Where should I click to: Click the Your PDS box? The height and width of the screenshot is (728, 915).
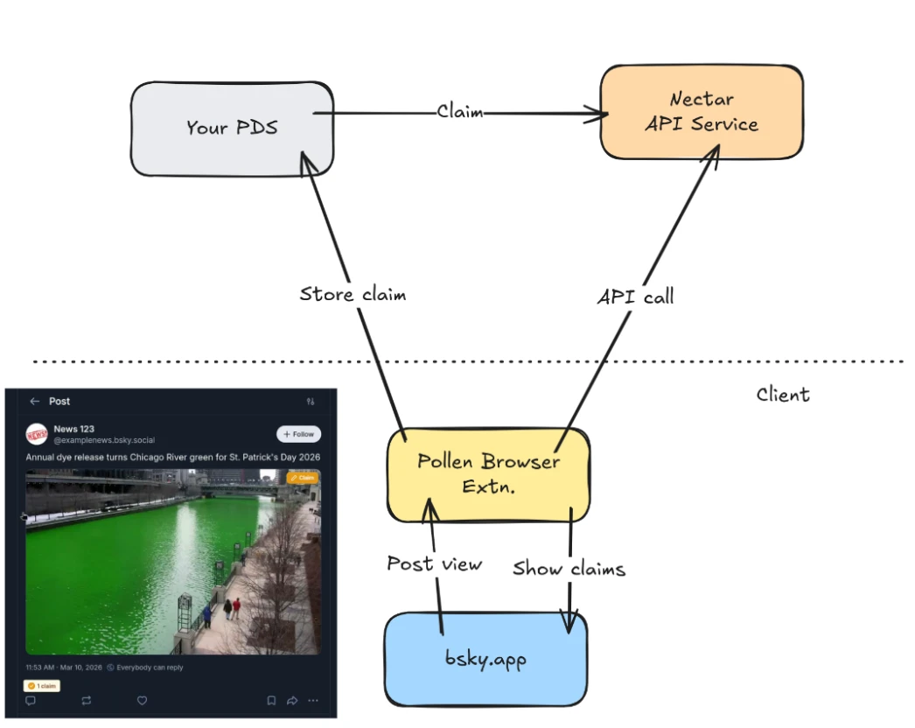point(232,128)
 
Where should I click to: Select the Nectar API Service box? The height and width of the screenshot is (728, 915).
point(702,112)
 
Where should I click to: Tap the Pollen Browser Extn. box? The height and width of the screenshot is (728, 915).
point(488,473)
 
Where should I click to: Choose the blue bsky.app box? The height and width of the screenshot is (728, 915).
point(485,659)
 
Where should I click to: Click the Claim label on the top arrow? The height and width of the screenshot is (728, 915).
point(460,112)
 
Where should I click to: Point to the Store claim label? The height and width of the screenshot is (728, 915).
point(353,294)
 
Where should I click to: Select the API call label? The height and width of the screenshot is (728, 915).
point(635,297)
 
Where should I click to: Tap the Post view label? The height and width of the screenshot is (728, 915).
point(434,563)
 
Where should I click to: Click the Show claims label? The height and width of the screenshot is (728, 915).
point(569,569)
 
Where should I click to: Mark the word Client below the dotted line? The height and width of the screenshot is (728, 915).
point(783,395)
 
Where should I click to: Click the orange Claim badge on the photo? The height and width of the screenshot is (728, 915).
point(303,478)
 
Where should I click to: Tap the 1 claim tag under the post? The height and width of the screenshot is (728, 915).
point(41,686)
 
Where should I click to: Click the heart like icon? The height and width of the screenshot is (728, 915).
point(142,701)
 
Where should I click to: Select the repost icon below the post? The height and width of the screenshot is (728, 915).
point(86,701)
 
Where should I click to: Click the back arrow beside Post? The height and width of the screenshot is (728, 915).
point(35,402)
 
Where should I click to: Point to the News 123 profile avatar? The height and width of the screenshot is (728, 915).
point(37,434)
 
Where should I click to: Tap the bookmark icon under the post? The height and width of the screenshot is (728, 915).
point(271,701)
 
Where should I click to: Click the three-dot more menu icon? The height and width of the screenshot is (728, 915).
point(313,701)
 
